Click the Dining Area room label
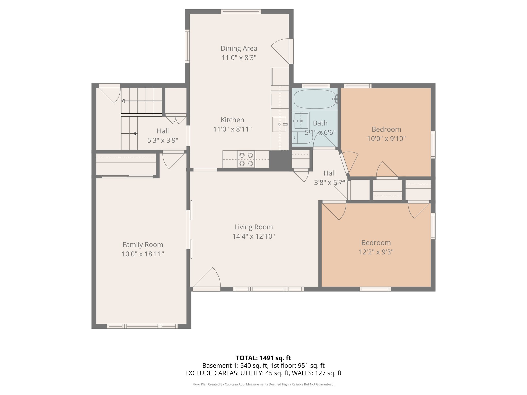click(x=239, y=48)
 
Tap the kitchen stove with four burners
click(x=246, y=159)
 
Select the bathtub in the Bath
click(x=315, y=99)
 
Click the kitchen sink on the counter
click(x=279, y=124)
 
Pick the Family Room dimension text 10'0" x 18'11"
click(x=143, y=254)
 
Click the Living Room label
click(x=253, y=227)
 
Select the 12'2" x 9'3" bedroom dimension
click(x=376, y=252)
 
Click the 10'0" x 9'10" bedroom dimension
click(x=386, y=139)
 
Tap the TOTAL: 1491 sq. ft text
click(x=263, y=358)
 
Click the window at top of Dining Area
click(x=241, y=12)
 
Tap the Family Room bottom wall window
click(x=142, y=326)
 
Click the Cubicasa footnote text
click(x=263, y=384)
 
